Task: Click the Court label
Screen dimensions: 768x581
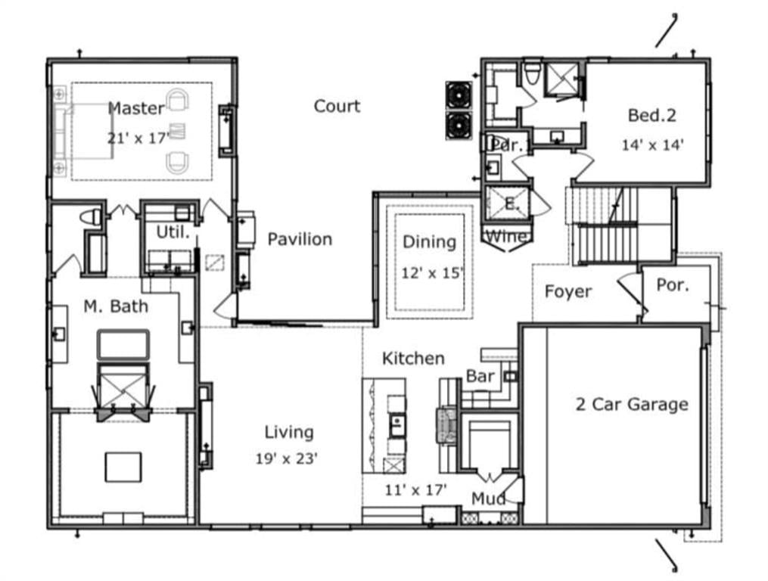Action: [337, 106]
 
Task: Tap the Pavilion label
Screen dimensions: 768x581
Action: [300, 239]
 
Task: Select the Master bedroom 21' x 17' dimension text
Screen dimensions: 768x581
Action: [138, 138]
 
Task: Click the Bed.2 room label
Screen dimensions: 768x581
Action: [652, 115]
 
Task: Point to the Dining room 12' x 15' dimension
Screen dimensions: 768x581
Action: [432, 273]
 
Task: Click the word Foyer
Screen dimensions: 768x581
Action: [568, 291]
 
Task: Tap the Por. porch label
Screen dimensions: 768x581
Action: [673, 284]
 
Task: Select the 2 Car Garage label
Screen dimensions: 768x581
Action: [632, 404]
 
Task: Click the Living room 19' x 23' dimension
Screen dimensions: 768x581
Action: [287, 458]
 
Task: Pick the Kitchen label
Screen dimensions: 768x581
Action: [413, 358]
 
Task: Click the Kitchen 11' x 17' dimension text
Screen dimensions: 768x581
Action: [415, 489]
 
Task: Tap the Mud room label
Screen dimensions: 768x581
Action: [488, 499]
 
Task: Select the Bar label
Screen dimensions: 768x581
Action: [480, 376]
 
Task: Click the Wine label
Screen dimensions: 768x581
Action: [508, 236]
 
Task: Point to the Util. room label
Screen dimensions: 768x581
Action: [173, 232]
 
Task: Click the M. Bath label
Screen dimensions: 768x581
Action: [116, 306]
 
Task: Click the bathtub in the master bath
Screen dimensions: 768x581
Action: [123, 344]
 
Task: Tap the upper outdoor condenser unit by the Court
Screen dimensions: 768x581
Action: [459, 95]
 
